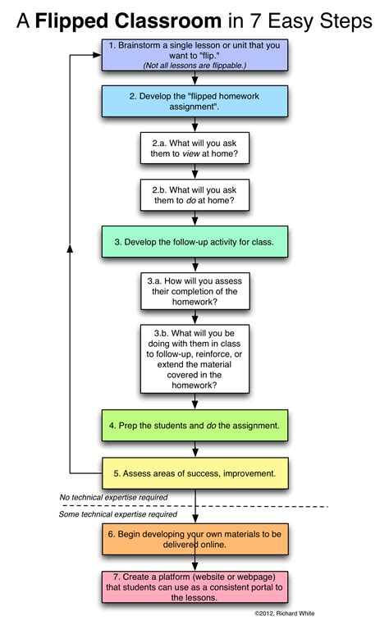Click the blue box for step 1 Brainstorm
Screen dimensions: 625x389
point(194,55)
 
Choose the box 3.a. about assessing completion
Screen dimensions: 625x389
point(194,290)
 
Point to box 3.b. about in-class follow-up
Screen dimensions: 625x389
point(194,358)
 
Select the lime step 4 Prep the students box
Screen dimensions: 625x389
point(194,426)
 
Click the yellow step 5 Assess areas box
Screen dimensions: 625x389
point(194,473)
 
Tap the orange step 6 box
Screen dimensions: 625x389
point(194,537)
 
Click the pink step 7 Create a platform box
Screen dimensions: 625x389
point(194,587)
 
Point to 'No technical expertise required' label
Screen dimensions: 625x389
point(113,497)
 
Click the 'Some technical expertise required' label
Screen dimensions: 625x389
point(117,514)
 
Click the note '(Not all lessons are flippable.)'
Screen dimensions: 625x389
point(194,65)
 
